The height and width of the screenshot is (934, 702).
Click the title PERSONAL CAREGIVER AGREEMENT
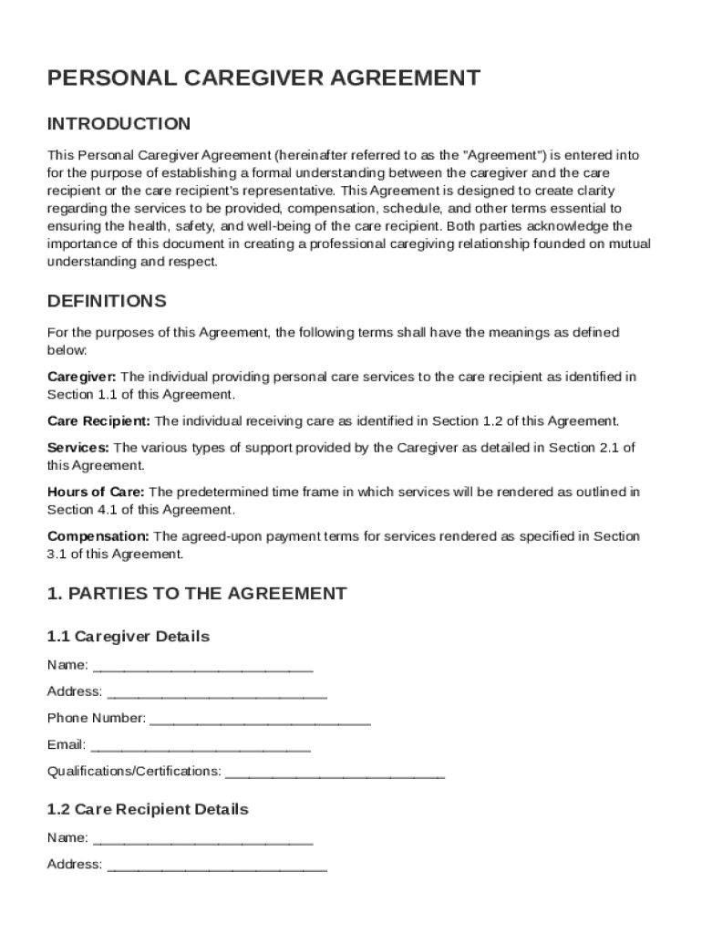point(263,78)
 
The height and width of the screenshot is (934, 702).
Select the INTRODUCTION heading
point(119,124)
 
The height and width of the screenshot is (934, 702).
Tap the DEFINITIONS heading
point(107,301)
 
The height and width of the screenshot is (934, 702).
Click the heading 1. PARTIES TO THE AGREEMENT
point(197,594)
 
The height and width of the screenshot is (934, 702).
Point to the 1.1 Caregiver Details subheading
point(129,636)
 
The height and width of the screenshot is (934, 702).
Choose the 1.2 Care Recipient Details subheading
point(148,809)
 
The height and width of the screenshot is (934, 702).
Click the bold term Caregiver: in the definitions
point(81,377)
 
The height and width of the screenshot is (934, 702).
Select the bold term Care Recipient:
point(99,421)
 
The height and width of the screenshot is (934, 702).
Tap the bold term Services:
point(78,448)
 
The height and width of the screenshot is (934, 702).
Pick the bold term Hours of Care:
point(96,493)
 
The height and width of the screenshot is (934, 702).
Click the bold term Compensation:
point(98,536)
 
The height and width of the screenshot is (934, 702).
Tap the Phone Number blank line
point(260,720)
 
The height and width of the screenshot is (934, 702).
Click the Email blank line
point(201,746)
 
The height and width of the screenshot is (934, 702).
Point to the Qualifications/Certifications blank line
point(335,773)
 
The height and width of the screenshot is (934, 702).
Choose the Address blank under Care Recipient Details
point(217,866)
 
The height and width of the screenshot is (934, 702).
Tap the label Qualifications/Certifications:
point(134,773)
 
